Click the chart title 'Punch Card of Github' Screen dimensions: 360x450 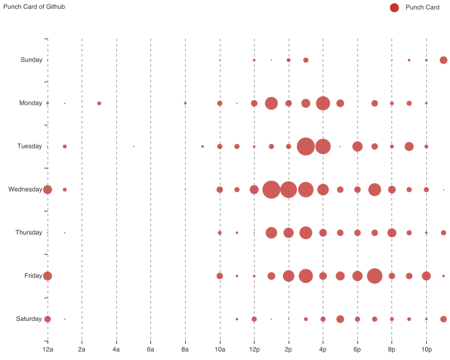pos(34,6)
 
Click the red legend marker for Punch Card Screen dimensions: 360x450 pos(394,7)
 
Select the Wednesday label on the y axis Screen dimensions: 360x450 pos(25,190)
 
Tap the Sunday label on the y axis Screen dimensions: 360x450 pos(32,60)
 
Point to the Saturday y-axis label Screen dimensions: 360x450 pos(30,319)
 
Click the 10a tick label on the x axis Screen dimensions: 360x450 pos(220,349)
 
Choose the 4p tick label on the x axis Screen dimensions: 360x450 pos(323,349)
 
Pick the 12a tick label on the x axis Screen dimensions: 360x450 pos(48,349)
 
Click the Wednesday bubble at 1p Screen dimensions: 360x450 pos(271,190)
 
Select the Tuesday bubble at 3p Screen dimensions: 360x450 pos(306,147)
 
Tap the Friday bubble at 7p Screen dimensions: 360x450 pos(375,276)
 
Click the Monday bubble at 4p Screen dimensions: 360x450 pos(323,104)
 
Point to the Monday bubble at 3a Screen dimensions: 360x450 pos(99,104)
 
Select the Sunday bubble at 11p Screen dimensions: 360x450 pos(444,60)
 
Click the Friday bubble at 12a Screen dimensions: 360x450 pos(48,276)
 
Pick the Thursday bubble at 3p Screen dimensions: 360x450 pos(306,233)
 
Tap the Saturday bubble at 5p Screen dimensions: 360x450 pos(340,319)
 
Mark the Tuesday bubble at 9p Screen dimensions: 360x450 pos(409,147)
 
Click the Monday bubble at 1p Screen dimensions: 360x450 pos(271,104)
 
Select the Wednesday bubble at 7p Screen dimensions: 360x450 pos(375,190)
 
